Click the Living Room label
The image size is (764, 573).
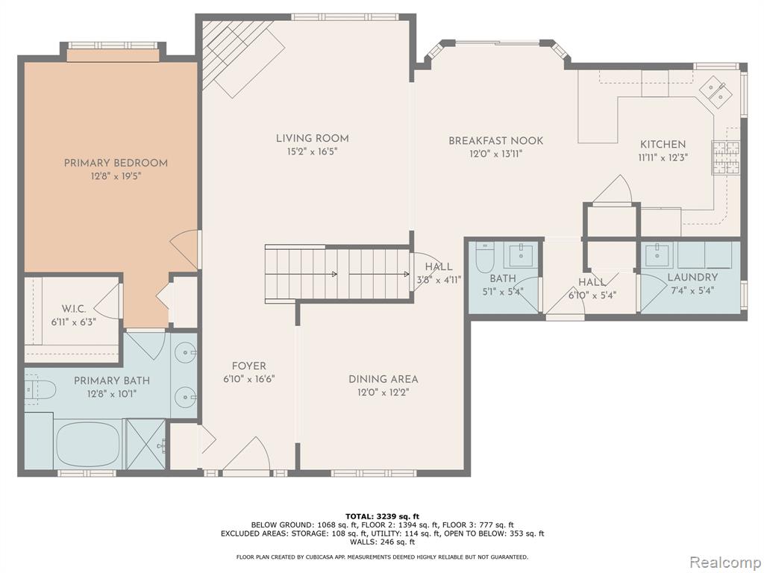pyautogui.click(x=313, y=138)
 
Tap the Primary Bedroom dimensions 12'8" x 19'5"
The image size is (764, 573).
pyautogui.click(x=116, y=175)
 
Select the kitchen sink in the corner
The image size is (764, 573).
pyautogui.click(x=716, y=90)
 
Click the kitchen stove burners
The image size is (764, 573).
pyautogui.click(x=726, y=157)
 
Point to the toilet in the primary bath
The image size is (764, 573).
pyautogui.click(x=40, y=389)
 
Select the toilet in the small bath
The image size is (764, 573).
pyautogui.click(x=485, y=257)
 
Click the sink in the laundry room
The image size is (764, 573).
pyautogui.click(x=657, y=254)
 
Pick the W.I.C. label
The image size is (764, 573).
pyautogui.click(x=74, y=309)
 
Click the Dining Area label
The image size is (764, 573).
pyautogui.click(x=383, y=379)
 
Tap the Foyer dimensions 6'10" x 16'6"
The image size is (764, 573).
pyautogui.click(x=249, y=379)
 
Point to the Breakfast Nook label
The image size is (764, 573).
pyautogui.click(x=495, y=141)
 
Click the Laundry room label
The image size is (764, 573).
pyautogui.click(x=692, y=278)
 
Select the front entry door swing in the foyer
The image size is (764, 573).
pyautogui.click(x=246, y=454)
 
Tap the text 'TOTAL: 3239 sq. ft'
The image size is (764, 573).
pyautogui.click(x=382, y=516)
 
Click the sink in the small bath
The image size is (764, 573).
pyautogui.click(x=521, y=254)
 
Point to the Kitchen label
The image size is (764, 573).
pyautogui.click(x=663, y=144)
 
